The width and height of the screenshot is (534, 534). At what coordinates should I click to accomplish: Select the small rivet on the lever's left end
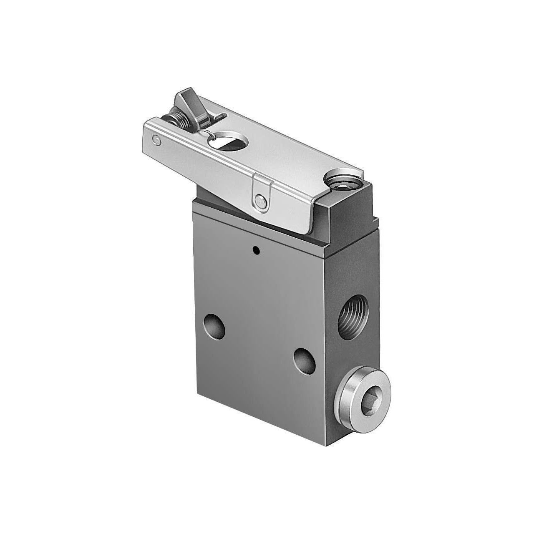click(x=156, y=141)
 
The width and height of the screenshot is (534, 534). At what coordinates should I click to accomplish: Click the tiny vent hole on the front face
click(x=256, y=250)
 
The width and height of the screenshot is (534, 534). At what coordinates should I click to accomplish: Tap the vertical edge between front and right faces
click(x=330, y=334)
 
